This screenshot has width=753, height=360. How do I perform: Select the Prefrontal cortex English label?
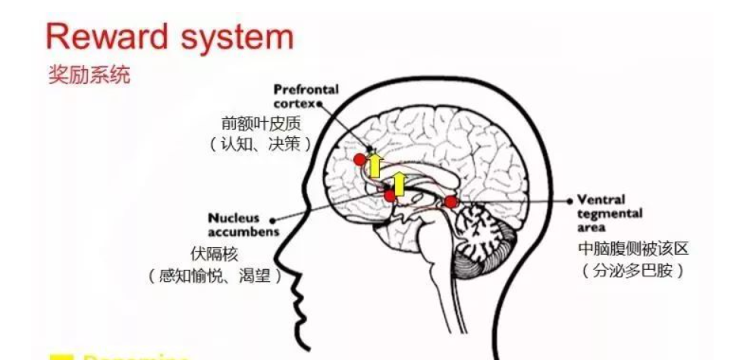click(x=306, y=95)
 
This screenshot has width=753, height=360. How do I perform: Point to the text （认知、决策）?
click(x=261, y=144)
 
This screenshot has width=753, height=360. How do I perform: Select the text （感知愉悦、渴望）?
click(x=215, y=276)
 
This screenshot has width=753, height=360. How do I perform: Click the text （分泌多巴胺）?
click(x=632, y=270)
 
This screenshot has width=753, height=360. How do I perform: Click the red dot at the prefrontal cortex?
click(x=359, y=159)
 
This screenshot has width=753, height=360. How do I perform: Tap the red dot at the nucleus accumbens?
click(x=390, y=196)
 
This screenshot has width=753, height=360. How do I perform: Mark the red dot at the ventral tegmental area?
click(x=451, y=202)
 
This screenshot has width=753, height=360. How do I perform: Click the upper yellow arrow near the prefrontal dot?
click(x=375, y=164)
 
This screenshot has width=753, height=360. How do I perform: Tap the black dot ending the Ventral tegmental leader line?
click(x=570, y=202)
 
